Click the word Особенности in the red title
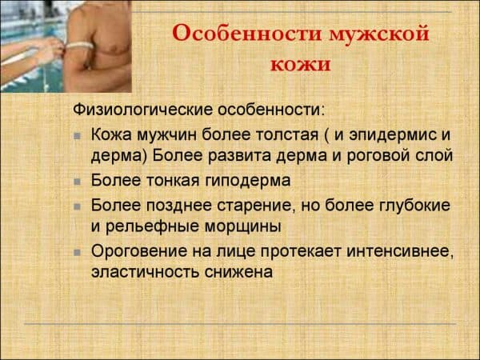(x=246, y=33)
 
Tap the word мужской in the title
(x=379, y=34)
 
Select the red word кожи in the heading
(x=301, y=65)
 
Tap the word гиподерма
(x=247, y=181)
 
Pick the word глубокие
(x=414, y=206)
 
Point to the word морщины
(x=242, y=227)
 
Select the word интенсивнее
(x=400, y=252)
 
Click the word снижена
(x=238, y=272)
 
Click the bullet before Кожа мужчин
(x=77, y=136)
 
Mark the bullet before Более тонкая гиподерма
(x=77, y=182)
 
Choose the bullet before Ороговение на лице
(x=77, y=253)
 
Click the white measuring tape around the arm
(x=79, y=46)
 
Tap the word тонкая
(x=172, y=181)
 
